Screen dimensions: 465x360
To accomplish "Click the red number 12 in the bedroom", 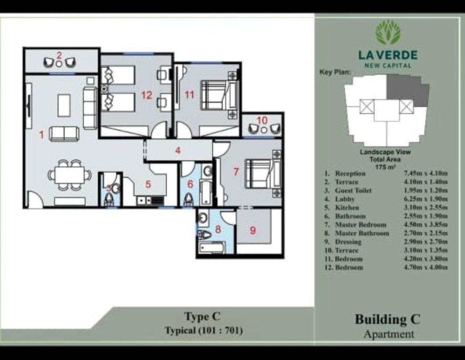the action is point(147,95).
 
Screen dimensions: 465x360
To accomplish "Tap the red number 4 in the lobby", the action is point(178,150).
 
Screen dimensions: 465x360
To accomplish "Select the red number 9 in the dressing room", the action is point(253,230).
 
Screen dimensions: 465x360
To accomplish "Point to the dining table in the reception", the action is point(69,175).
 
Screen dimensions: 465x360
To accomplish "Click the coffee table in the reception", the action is point(64,105).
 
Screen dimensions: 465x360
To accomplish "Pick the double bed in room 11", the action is point(220,95).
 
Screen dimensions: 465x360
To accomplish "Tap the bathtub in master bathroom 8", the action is point(212,248).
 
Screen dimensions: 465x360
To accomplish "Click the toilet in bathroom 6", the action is point(188,199).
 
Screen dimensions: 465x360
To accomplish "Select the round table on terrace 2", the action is point(59,63).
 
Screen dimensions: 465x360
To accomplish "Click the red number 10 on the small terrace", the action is point(262,120).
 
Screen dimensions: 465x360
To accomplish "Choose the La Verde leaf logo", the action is point(388,33).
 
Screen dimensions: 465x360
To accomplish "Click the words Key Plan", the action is point(335,72).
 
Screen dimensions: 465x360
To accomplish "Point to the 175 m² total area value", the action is point(385,167).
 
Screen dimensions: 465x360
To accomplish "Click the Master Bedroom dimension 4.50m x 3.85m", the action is point(426,225).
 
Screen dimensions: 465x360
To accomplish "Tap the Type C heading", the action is point(202,317).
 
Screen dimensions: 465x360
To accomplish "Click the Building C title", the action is point(388,319).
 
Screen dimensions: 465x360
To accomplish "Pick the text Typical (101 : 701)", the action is point(204,330).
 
